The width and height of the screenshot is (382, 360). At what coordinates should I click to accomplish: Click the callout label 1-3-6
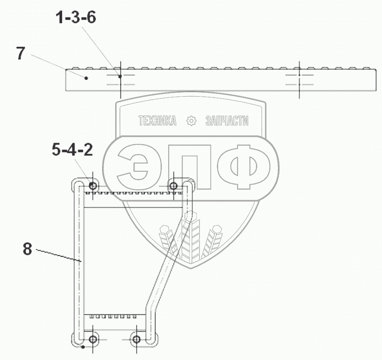point(76,18)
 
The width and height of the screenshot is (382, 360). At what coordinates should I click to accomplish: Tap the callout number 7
point(21,53)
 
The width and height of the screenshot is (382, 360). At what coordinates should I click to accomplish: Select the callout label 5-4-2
point(72,150)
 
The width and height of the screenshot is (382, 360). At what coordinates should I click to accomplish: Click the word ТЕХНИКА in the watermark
point(157,120)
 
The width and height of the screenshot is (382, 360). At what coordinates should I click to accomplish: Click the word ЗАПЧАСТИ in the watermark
point(227,121)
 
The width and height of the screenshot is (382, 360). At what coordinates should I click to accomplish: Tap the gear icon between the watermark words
point(191,121)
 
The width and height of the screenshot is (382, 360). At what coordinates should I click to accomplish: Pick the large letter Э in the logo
point(133,166)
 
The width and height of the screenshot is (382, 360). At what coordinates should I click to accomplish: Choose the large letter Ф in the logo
point(244,167)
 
